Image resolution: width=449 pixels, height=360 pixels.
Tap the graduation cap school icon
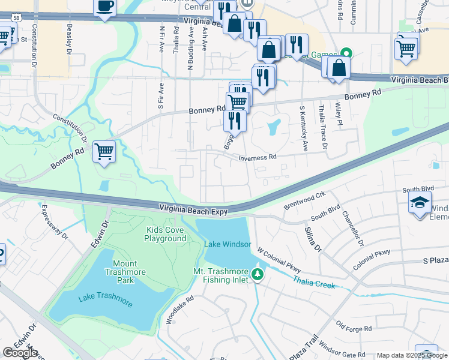(420, 203)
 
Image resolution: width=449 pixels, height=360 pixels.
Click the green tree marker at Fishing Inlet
(258, 275)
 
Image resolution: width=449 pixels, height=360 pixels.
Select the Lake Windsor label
(227, 244)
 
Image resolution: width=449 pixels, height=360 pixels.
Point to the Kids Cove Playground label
(165, 234)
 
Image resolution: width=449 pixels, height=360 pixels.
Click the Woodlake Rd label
(179, 310)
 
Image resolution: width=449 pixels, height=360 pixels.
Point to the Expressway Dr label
(53, 222)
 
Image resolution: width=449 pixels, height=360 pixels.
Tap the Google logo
(20, 353)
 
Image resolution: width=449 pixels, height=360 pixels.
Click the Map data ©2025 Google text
(411, 355)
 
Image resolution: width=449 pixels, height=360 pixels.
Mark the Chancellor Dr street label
(352, 228)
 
